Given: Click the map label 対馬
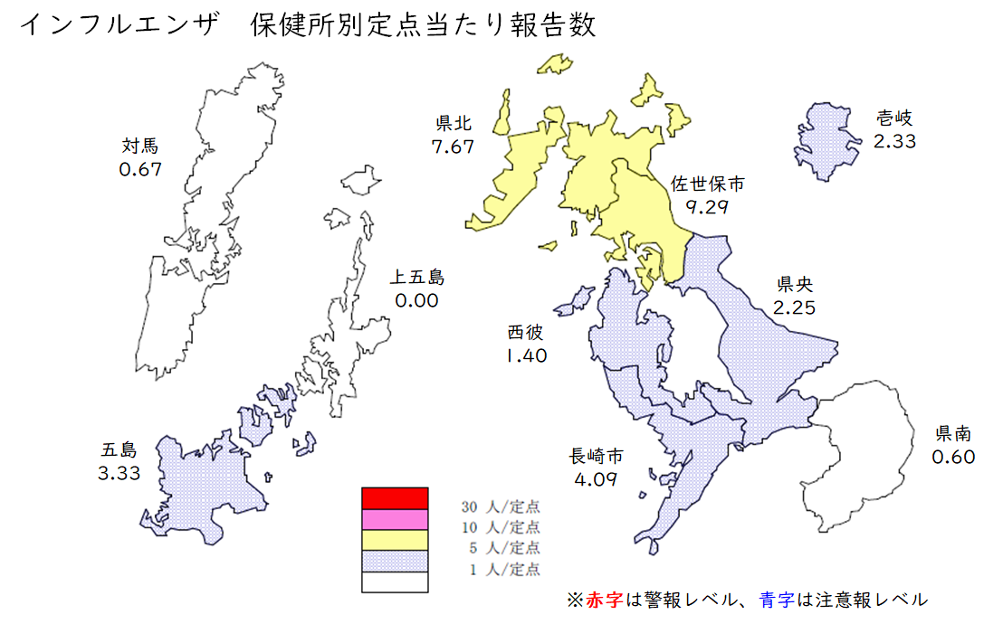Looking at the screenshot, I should pos(139,146).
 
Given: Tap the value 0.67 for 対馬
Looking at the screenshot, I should pos(139,169).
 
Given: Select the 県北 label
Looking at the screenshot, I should pos(454,123).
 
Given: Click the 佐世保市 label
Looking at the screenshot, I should pos(707,184).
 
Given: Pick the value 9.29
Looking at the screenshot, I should pos(707,207).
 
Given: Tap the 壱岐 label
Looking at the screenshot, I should pos(894,118).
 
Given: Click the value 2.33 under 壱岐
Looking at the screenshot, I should pos(894,141).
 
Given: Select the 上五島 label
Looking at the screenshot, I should pos(417,277).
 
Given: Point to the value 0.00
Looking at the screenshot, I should pos(416,300).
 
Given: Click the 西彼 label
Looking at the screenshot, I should pos(525,332).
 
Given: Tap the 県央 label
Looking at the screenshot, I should pos(794,284).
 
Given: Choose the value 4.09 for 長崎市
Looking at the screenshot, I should pos(596,478).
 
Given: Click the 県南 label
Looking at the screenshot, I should pos(954,433).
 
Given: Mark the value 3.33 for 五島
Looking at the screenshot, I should pos(119,472).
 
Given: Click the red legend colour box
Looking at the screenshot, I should pos(394,497).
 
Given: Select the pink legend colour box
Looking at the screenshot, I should pos(394,519).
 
